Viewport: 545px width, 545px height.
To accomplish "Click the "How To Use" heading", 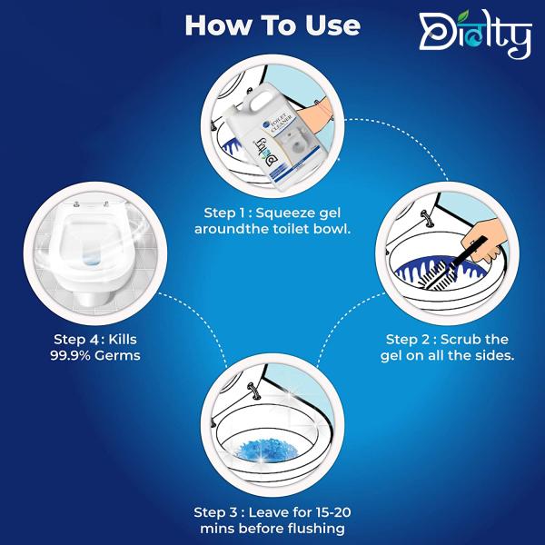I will click(272, 25).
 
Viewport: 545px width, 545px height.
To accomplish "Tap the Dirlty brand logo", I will click(473, 36).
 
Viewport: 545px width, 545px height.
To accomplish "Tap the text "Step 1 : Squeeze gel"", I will click(272, 212).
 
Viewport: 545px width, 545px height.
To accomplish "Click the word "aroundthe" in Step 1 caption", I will click(230, 229).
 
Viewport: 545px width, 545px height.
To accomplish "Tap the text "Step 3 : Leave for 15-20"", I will click(273, 510).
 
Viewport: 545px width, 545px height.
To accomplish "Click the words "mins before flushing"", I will click(273, 528).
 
